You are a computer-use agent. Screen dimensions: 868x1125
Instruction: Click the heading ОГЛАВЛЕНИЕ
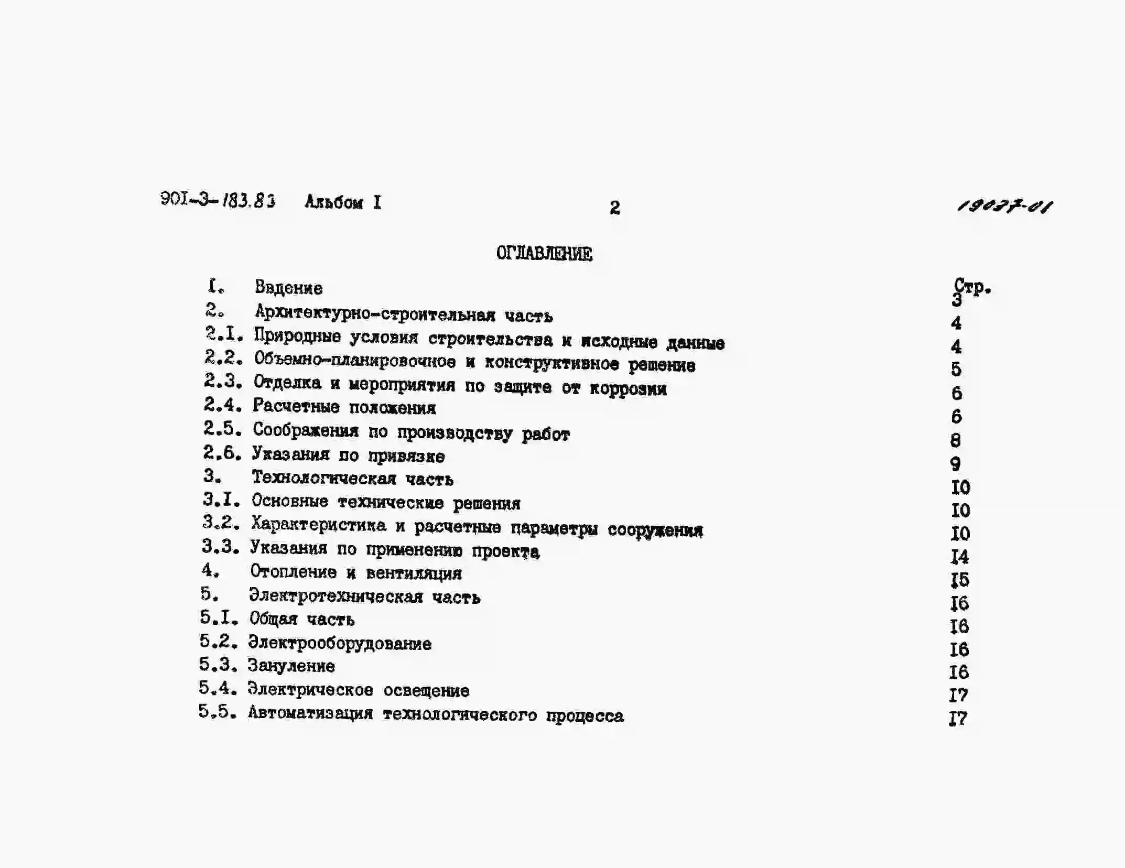point(544,254)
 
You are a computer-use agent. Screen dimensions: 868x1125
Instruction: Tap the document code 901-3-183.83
point(218,200)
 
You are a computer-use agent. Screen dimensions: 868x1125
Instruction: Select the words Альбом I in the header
point(343,202)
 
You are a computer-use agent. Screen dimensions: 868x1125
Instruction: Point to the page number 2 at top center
point(614,208)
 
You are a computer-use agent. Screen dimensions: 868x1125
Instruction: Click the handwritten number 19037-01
point(1004,205)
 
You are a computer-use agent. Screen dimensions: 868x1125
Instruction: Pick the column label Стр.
point(972,286)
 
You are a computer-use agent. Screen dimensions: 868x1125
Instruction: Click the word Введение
point(288,288)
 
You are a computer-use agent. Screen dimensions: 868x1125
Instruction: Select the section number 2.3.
point(223,381)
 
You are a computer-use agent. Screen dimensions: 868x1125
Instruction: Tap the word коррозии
point(628,389)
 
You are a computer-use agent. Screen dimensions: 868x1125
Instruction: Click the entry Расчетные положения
point(344,407)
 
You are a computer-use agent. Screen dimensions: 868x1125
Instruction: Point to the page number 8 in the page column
point(955,440)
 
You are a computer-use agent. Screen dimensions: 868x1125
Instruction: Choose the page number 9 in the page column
point(955,464)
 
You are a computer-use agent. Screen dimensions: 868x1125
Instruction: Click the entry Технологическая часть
point(352,478)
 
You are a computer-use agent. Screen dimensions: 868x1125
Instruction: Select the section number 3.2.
point(221,522)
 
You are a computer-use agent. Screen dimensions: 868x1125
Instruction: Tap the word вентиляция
point(414,573)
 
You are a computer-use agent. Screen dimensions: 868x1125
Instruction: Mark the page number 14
point(959,557)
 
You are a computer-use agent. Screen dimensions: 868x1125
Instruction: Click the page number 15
point(959,580)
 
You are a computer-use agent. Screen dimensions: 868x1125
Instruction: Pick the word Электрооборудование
point(340,643)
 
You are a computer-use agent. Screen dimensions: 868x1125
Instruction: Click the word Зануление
point(291,666)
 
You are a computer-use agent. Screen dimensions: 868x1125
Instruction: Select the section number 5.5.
point(217,712)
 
